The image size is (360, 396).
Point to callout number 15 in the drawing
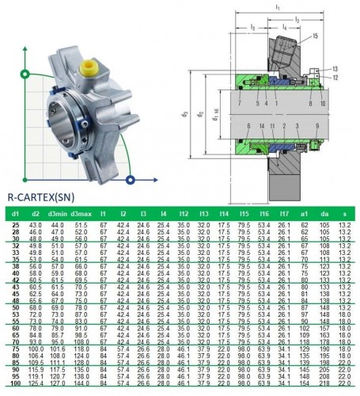coord(315,36)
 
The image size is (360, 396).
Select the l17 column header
coord(282,214)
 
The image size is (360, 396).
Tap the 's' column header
coord(343,214)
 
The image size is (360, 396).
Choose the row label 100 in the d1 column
coord(15,384)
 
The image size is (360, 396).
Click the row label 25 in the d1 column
coord(15,226)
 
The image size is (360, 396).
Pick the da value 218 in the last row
coord(324,384)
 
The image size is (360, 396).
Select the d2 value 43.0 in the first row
coord(35,226)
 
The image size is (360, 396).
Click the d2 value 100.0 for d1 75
coord(35,348)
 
